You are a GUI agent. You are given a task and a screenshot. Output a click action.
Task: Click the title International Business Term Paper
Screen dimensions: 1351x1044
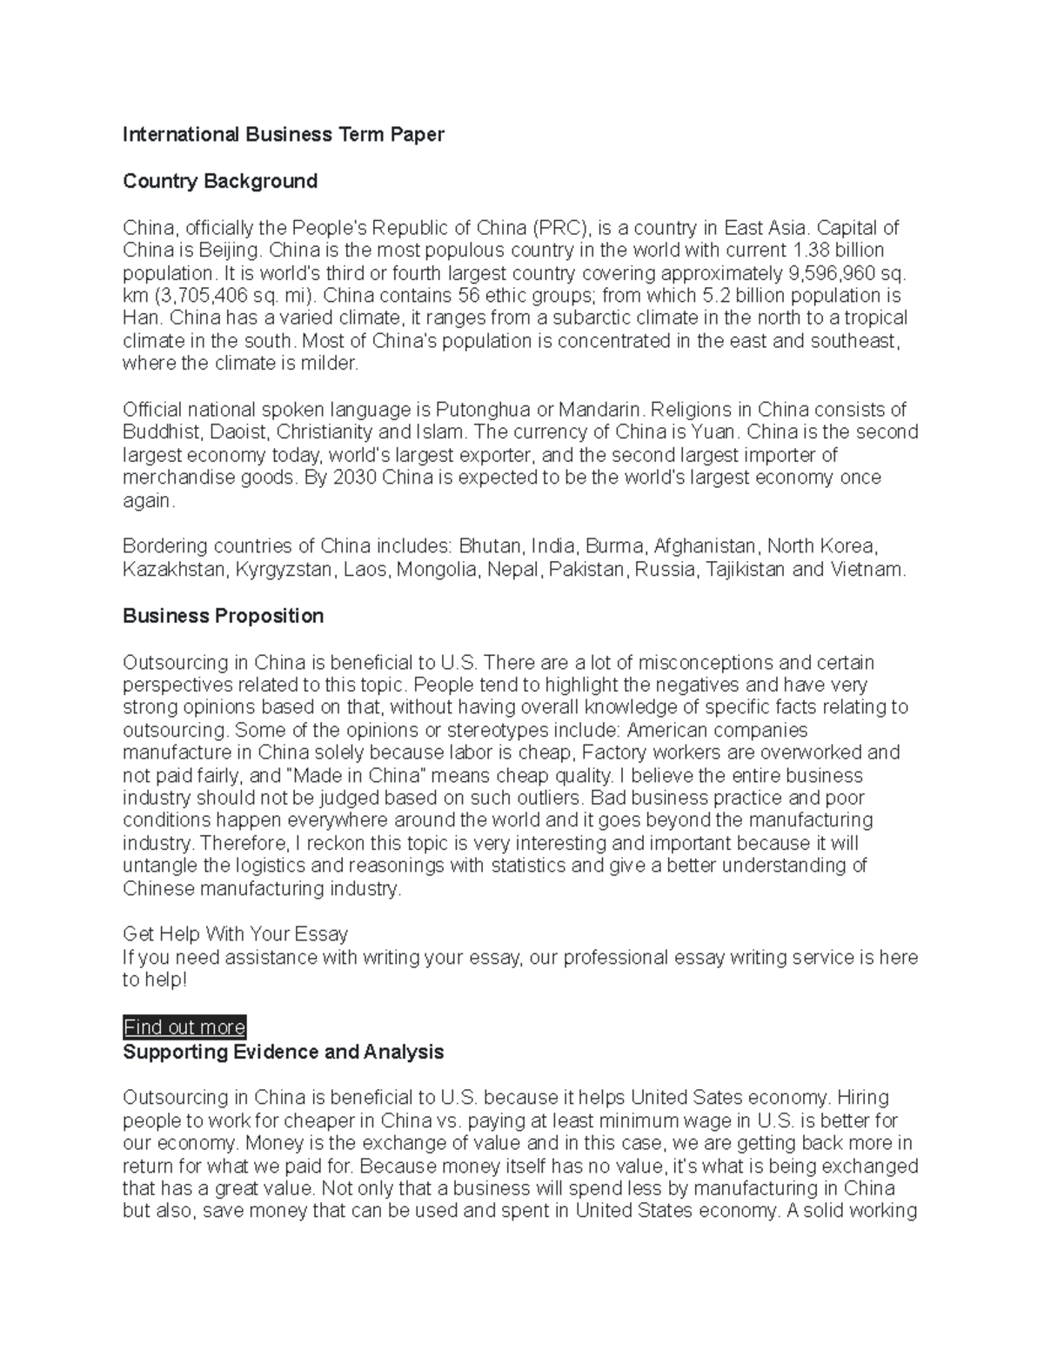coord(283,135)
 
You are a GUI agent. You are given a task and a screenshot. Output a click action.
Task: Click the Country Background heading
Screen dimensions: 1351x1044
coord(219,181)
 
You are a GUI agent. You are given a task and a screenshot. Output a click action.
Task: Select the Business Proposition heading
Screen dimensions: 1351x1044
coord(223,616)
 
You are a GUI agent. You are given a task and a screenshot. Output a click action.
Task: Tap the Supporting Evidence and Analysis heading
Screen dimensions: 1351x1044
coord(283,1052)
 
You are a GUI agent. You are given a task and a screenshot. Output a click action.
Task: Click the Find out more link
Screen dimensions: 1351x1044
coord(184,1027)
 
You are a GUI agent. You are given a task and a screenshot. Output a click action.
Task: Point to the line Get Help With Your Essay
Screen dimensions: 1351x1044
coord(235,934)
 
